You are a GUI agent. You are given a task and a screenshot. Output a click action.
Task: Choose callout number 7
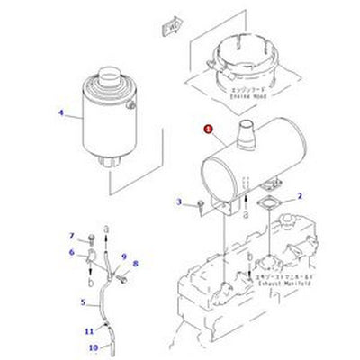[x=72, y=236]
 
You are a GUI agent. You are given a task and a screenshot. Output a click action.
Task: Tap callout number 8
[x=135, y=263]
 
